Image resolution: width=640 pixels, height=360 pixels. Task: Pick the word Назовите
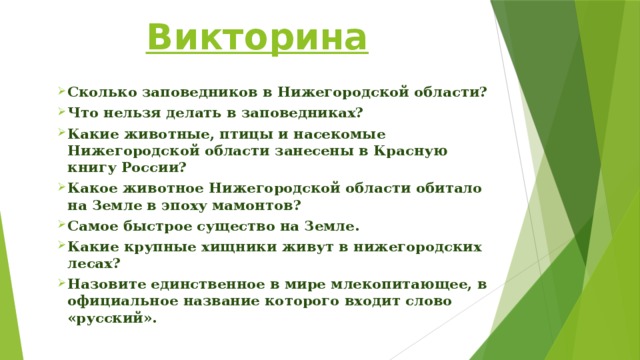click(105, 285)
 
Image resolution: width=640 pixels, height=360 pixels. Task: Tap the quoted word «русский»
click(107, 320)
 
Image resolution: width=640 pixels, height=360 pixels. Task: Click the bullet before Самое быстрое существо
click(61, 227)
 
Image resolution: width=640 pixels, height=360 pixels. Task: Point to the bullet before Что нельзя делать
click(61, 112)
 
